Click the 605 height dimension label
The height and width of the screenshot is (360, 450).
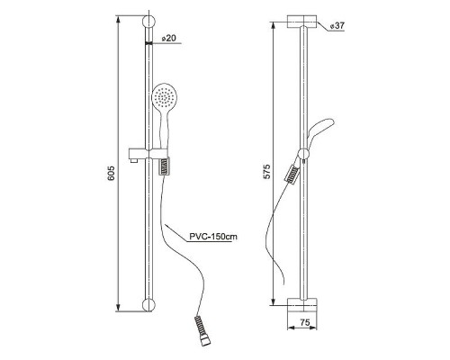pos(111,173)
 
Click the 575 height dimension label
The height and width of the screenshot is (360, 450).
pos(266,172)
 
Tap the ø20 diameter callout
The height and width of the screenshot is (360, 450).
pos(168,39)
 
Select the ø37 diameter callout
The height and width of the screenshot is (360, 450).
pos(337,26)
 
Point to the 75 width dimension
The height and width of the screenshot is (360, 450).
pos(305,322)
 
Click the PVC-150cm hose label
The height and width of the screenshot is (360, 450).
pos(213,237)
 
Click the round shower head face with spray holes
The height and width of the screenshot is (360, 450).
pos(165,96)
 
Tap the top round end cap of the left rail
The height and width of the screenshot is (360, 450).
pos(148,22)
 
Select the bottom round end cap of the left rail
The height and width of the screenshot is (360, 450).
pos(148,304)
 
